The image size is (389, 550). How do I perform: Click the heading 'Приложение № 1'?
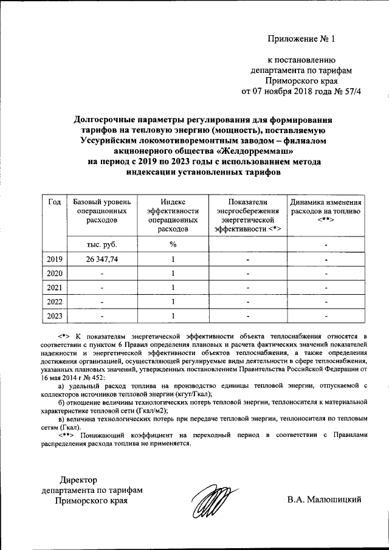tap(301, 40)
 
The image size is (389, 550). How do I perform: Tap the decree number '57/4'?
tap(359, 91)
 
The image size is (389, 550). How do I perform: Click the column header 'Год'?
tap(53, 203)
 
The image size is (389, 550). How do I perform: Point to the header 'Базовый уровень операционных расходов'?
tap(101, 211)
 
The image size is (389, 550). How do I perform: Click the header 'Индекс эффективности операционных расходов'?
tap(173, 216)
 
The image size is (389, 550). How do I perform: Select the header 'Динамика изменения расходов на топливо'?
tap(326, 211)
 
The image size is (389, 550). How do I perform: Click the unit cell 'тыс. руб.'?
tap(101, 244)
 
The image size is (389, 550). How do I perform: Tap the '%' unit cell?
tap(173, 244)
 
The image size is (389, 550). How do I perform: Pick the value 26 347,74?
tap(101, 260)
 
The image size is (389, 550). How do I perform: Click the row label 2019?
tap(54, 260)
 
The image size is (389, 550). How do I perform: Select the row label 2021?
tap(54, 287)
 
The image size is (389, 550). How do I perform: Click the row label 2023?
tap(54, 315)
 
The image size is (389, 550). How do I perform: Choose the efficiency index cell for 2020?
tap(173, 273)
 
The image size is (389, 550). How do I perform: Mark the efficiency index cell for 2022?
tap(173, 301)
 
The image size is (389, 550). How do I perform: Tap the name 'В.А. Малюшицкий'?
tap(325, 500)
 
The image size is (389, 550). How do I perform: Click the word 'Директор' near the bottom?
tap(77, 481)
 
